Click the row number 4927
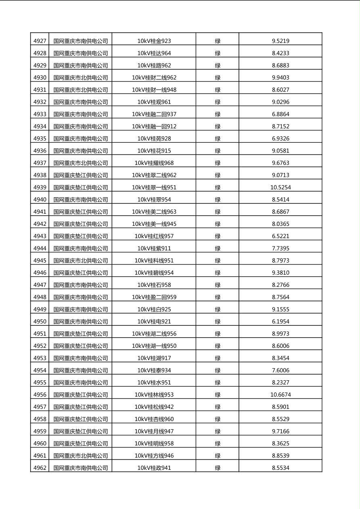[40, 41]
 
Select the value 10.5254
[280, 187]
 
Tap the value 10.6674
[280, 394]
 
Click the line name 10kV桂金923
[154, 41]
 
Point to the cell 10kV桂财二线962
[154, 77]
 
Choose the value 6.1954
[280, 321]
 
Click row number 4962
[40, 468]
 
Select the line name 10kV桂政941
[154, 468]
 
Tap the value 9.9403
[280, 77]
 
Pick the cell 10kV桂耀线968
[154, 163]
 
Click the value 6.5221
[280, 236]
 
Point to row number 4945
[40, 261]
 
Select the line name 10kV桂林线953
[154, 394]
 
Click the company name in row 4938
[81, 175]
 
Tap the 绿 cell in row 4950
[218, 321]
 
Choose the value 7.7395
[280, 248]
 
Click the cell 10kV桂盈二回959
[154, 297]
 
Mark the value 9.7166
[280, 431]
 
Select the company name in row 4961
[81, 456]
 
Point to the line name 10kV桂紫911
[154, 248]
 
